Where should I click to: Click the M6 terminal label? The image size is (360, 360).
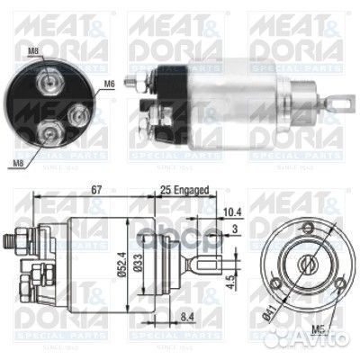tap(110, 83)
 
